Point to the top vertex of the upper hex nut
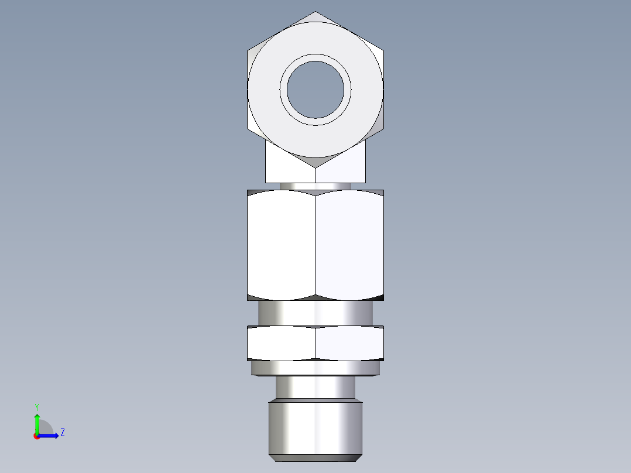(x=315, y=12)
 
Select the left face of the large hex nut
(x=282, y=245)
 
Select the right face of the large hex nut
(x=349, y=245)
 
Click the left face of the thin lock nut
(x=282, y=343)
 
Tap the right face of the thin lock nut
(x=349, y=343)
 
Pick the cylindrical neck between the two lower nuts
(x=315, y=313)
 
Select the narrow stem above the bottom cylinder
(x=315, y=388)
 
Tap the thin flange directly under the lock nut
(x=315, y=368)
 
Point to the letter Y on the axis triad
(x=36, y=406)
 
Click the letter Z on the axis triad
(x=62, y=433)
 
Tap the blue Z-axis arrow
(x=49, y=436)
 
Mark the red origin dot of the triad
(x=36, y=436)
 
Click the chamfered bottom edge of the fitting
(x=315, y=457)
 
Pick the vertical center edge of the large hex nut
(x=315, y=245)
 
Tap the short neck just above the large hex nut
(x=315, y=186)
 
